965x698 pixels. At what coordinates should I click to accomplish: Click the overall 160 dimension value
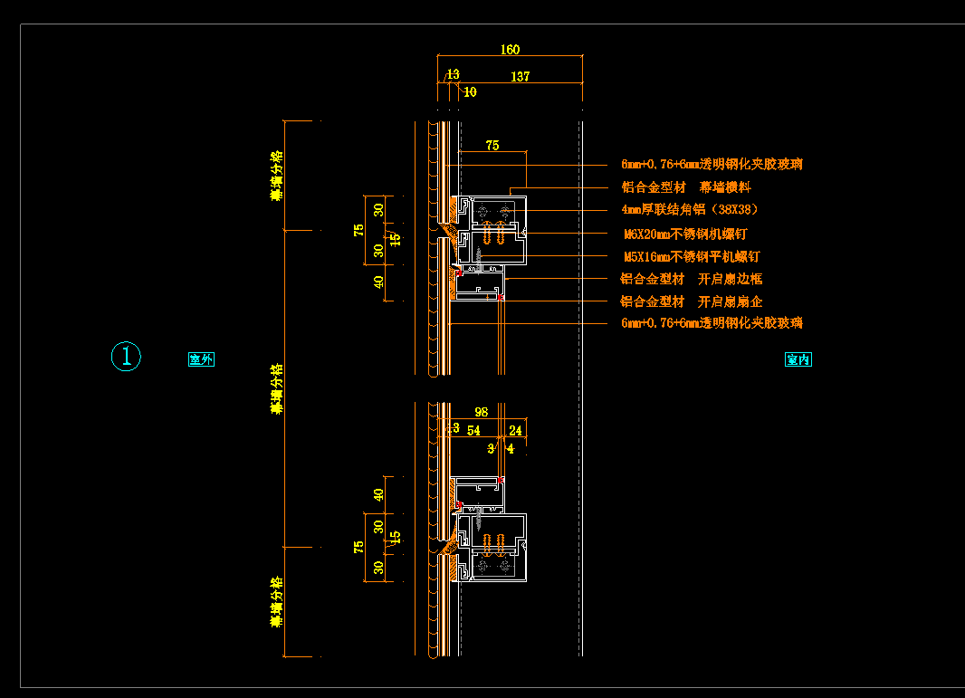510,50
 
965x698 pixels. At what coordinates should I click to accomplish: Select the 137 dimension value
520,77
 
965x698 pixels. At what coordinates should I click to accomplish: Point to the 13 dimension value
453,73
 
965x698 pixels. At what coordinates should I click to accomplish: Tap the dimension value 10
470,91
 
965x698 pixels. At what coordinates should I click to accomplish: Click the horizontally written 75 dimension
492,145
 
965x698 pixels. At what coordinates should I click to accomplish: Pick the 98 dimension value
481,412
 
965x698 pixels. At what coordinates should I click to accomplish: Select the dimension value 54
473,431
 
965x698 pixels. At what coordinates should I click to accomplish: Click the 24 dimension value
516,431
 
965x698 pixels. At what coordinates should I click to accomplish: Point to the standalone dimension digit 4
511,447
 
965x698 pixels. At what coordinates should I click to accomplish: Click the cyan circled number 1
126,357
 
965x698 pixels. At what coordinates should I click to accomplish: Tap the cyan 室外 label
201,359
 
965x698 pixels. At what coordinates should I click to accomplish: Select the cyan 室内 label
798,359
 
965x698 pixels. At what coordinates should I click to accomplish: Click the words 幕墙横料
725,187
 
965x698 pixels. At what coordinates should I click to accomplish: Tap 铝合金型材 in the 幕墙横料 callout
653,187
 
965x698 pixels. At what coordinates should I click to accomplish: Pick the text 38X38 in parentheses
734,210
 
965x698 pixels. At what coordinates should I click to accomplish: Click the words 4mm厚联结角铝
660,210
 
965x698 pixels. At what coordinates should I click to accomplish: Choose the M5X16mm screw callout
692,256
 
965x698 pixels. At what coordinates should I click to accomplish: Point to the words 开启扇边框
730,279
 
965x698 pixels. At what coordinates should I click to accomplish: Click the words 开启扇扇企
730,301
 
